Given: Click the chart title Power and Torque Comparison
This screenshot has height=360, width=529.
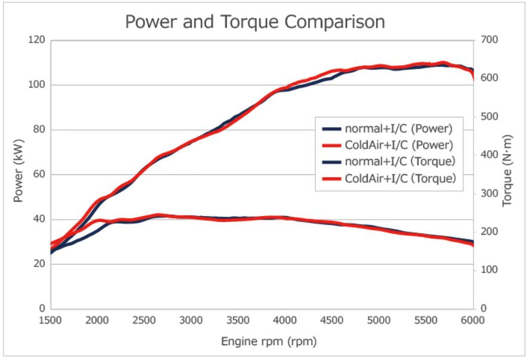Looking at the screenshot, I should tap(255, 22).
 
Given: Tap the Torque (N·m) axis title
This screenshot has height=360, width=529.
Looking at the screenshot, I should tap(508, 174).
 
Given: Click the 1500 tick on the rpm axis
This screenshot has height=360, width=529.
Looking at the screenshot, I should tap(51, 321).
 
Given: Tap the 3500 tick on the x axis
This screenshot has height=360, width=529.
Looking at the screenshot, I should tap(239, 321).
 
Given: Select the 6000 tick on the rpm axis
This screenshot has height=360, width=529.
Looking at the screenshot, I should tap(473, 321).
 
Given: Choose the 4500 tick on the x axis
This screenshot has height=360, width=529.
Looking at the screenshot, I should tap(333, 321).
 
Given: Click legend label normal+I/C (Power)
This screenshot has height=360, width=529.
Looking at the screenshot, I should tap(398, 128).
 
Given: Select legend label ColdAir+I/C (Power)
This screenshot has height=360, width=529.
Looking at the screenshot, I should tap(398, 144).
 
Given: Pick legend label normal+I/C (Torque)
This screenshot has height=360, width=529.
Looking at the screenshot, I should tap(400, 161).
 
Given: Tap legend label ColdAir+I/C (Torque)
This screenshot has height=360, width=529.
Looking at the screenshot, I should tap(400, 178).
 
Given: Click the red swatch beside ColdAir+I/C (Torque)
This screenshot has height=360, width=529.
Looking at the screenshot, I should tap(331, 179).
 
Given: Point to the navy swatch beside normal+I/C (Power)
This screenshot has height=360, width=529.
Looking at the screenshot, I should tap(331, 128).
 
